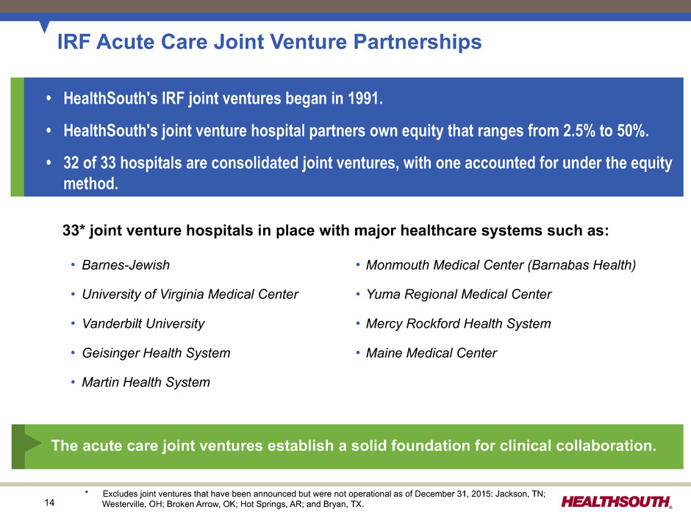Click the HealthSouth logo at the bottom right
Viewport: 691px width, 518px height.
617,502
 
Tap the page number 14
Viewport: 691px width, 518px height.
49,503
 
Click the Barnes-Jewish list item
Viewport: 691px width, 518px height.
126,265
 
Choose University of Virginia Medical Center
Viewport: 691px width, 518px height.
190,294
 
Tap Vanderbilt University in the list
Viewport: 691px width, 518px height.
143,324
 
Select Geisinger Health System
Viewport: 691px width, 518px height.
156,353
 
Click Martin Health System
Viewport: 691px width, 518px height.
146,382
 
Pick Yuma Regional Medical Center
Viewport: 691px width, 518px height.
459,294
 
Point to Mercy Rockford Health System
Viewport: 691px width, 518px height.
458,324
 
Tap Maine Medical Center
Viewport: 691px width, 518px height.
432,353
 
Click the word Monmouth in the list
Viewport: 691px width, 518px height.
398,265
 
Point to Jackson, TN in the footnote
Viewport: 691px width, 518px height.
520,494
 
